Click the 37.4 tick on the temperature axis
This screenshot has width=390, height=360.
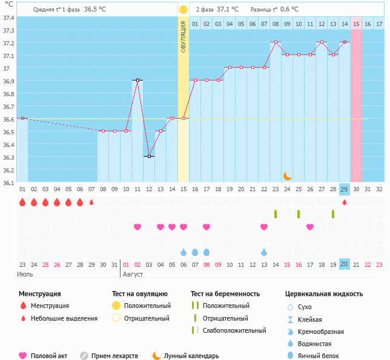coord(8,18)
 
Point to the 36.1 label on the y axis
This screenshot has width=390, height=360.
coord(8,182)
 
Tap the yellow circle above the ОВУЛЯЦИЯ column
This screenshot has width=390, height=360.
coord(183,10)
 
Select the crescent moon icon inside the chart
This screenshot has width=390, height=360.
coord(288,176)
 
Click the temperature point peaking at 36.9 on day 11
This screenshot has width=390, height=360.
coord(137,80)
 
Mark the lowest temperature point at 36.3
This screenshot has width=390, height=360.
coord(149,156)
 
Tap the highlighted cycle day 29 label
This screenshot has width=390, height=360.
coord(344,189)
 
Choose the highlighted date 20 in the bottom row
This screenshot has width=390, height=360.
coord(344,264)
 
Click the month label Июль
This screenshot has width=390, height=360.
coord(25,275)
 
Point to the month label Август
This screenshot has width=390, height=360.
coord(134,275)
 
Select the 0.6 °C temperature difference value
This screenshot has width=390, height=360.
coord(289,10)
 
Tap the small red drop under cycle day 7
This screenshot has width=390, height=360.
coord(91,203)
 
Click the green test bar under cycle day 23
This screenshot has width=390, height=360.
coord(276,214)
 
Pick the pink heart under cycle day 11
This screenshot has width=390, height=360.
coord(137,227)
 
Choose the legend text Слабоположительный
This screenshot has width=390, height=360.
coord(235,330)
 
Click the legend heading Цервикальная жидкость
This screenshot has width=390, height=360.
coord(324,294)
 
